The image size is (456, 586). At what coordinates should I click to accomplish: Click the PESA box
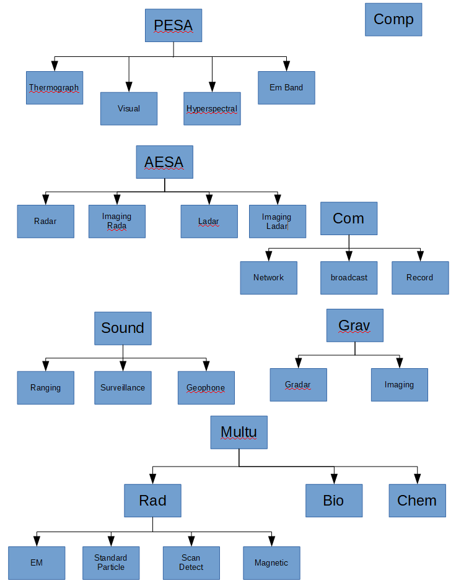(x=173, y=25)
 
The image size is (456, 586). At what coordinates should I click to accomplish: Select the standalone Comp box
(x=393, y=19)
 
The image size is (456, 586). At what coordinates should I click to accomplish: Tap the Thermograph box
(x=55, y=88)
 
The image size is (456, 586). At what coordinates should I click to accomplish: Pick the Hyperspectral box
(x=212, y=109)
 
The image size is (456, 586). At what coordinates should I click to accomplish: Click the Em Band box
(x=286, y=88)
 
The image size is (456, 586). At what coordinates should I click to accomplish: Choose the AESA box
(x=164, y=162)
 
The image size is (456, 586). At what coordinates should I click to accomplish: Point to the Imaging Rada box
(x=116, y=222)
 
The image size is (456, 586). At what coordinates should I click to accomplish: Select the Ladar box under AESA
(x=209, y=222)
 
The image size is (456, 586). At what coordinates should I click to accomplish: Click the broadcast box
(x=349, y=278)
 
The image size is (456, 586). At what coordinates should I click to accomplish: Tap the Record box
(x=420, y=278)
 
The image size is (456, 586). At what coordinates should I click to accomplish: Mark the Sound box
(x=123, y=328)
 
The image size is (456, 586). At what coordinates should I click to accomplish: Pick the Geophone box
(x=206, y=388)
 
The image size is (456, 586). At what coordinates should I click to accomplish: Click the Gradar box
(x=298, y=385)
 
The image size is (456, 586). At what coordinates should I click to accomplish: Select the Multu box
(x=239, y=432)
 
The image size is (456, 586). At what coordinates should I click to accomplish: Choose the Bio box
(x=333, y=501)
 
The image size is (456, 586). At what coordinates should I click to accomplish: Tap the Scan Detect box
(x=191, y=562)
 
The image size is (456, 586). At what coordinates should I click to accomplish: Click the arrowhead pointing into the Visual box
(x=129, y=88)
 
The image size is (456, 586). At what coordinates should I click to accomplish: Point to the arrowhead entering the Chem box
(x=417, y=479)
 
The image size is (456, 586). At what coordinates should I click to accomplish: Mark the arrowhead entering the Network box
(x=268, y=256)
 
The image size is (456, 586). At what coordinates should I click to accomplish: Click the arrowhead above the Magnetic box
(x=271, y=541)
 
